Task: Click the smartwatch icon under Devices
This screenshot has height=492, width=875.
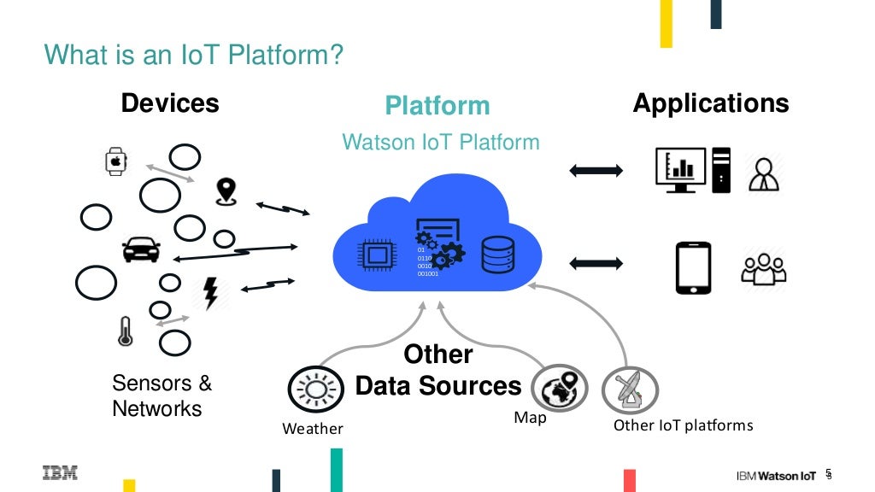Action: pos(116,161)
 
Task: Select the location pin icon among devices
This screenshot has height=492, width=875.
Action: pos(226,191)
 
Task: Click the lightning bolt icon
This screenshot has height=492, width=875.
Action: pos(209,293)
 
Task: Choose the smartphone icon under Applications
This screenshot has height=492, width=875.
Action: pos(693,267)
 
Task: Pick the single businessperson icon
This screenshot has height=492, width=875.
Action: pos(762,173)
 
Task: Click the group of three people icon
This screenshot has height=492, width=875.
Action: pos(763,268)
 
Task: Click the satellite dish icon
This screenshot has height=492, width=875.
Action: pos(629,390)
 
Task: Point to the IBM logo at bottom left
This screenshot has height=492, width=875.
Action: pos(60,471)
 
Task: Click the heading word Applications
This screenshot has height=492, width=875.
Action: pos(710,103)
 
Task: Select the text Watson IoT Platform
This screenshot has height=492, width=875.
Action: pos(441,141)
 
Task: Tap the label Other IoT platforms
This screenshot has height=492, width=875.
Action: pos(683,425)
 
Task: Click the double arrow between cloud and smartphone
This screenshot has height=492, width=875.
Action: pos(596,261)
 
